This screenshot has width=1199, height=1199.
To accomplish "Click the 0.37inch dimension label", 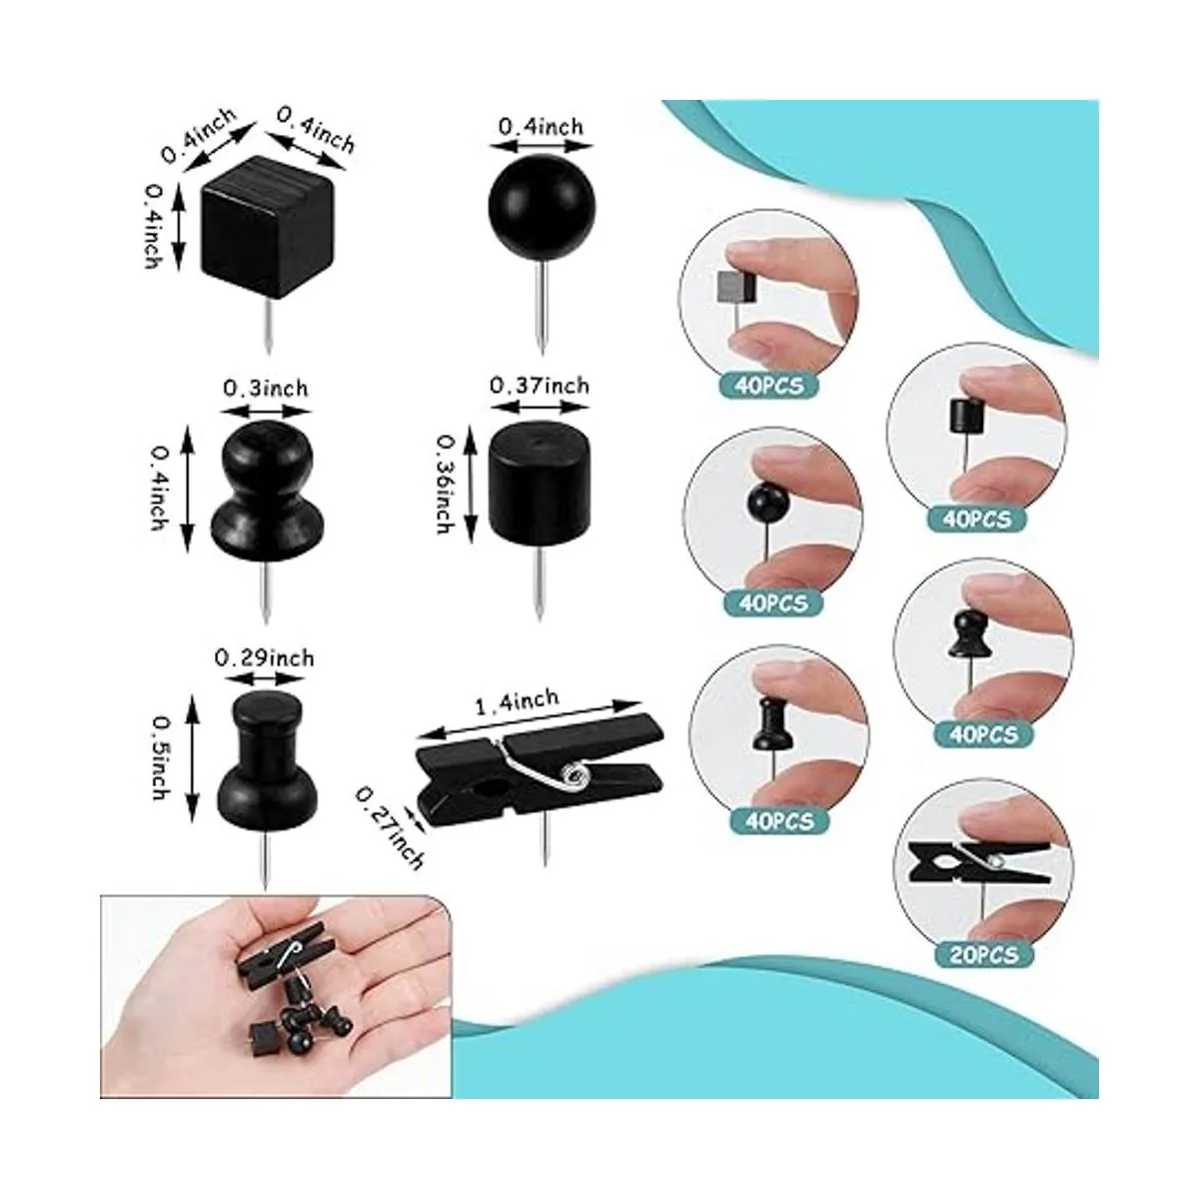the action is pos(539,387).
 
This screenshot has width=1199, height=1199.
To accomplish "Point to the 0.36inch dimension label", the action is pos(446,486).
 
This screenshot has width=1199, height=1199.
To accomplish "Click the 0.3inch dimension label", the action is pos(266,389).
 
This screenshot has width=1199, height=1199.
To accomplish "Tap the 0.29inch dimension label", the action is pos(265,657).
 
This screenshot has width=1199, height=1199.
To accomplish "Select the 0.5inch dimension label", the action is pos(159,757).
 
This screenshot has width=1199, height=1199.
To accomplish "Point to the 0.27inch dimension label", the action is pos(390,820).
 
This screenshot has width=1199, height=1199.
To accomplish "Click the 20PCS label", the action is pos(983,954).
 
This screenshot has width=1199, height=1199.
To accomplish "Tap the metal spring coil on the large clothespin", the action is pos(573,775).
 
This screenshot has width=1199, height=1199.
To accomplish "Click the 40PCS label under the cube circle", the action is pos(769,386).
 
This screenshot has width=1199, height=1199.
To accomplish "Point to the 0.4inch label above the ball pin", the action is pos(542,126).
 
